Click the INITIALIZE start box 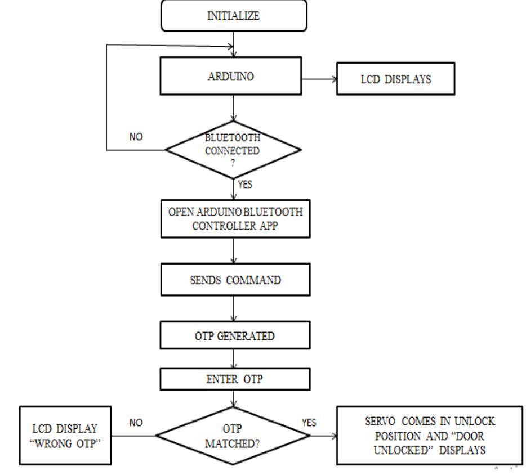point(234,16)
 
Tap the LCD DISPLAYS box point(396,78)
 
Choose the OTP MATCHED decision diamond point(234,435)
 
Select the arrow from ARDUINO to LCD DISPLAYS point(319,78)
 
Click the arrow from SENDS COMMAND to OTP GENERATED point(234,310)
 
